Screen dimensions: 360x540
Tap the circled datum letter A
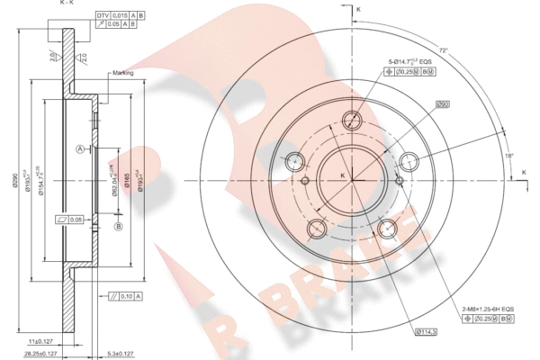[x=79, y=148]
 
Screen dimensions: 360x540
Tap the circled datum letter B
[x=118, y=228]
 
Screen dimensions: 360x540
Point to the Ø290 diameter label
[x=14, y=179]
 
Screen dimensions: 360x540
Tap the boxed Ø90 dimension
[x=443, y=105]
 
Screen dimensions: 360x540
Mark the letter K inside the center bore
[x=342, y=175]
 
